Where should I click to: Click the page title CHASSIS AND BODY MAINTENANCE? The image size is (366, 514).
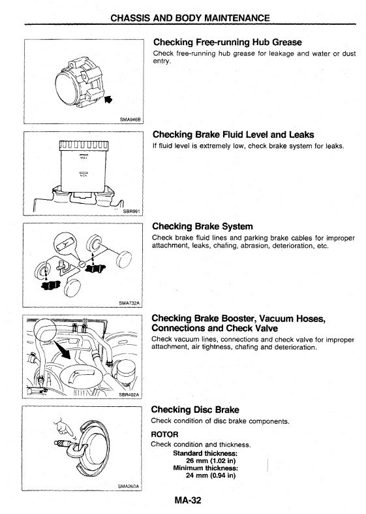click(x=191, y=18)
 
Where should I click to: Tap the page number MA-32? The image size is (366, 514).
click(x=188, y=500)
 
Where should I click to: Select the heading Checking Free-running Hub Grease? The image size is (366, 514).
click(x=228, y=42)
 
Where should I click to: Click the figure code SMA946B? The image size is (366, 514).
click(x=130, y=120)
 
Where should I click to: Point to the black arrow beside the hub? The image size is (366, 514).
click(x=108, y=99)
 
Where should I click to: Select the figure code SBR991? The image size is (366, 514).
click(x=131, y=212)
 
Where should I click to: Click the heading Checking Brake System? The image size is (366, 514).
click(x=203, y=227)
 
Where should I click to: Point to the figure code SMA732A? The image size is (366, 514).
click(x=129, y=303)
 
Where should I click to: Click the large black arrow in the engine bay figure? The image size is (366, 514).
click(x=62, y=349)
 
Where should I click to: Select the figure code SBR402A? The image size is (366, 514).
click(x=129, y=394)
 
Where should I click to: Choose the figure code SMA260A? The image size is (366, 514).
click(x=129, y=486)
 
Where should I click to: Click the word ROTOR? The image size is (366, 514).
click(x=164, y=435)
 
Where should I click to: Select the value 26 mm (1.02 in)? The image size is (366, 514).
click(x=211, y=460)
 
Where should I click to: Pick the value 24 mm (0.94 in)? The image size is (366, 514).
click(x=211, y=475)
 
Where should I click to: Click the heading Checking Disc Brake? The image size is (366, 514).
click(x=195, y=410)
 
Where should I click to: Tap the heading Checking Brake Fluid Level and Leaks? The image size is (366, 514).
click(x=234, y=135)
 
